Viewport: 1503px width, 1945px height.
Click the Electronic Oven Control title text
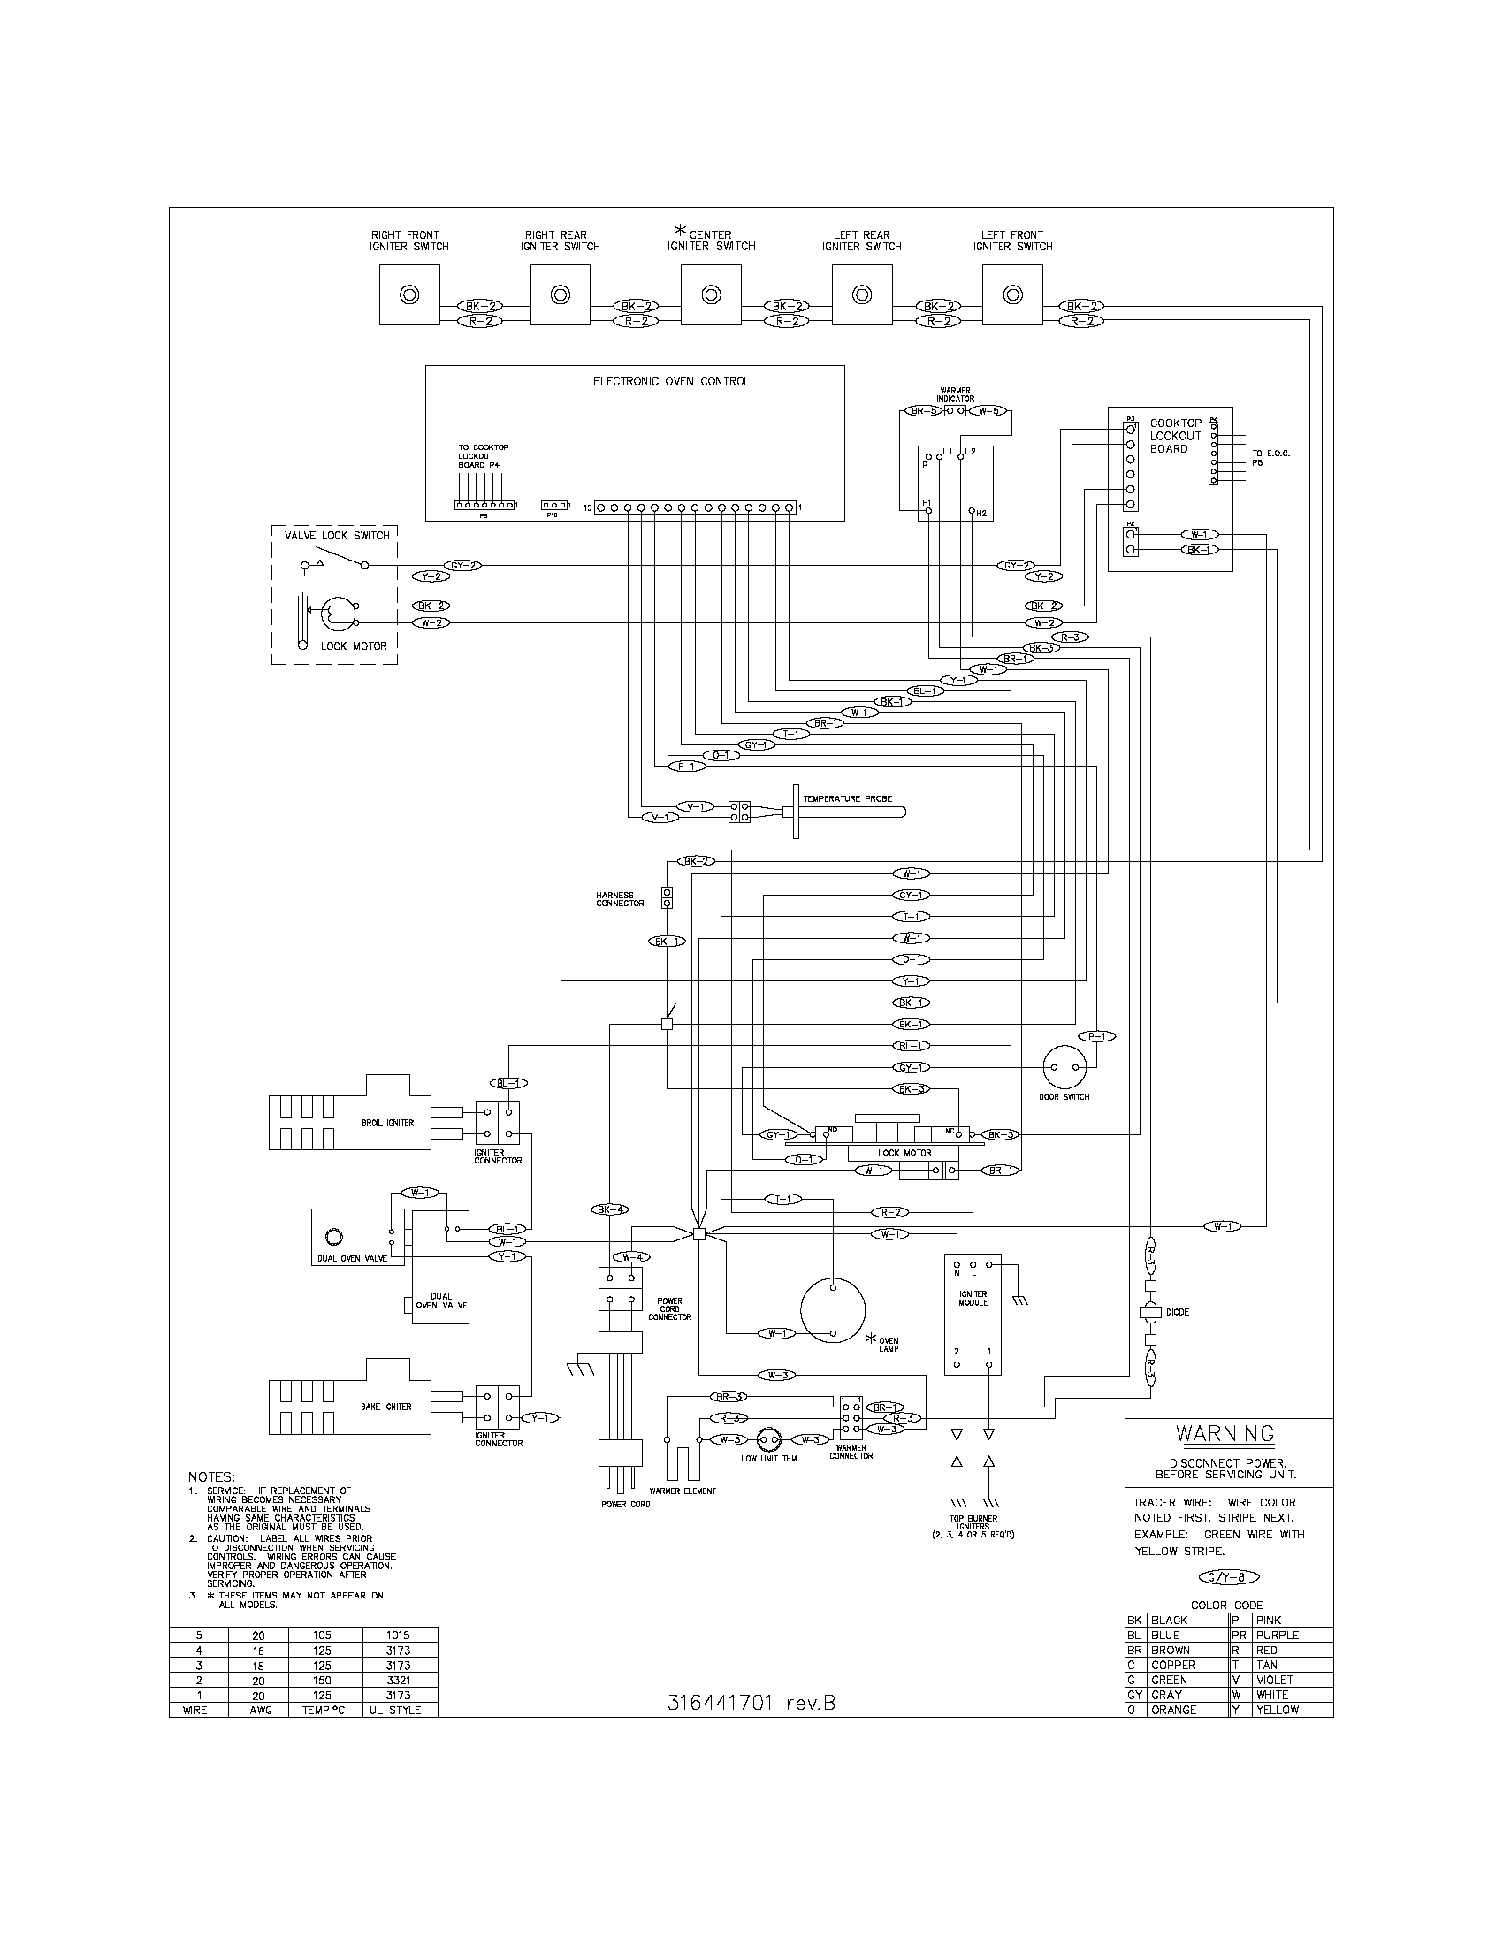[x=670, y=381]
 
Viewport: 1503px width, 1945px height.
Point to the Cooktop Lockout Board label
[x=1175, y=437]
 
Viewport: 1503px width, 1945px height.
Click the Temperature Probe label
[x=847, y=799]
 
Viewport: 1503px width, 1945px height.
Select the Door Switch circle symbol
[x=1066, y=1067]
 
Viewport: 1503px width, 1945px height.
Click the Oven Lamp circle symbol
[x=833, y=1309]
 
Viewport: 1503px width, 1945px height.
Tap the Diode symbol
[x=1149, y=1312]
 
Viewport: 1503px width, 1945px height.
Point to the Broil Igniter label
[x=387, y=1123]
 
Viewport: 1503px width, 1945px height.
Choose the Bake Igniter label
[x=385, y=1407]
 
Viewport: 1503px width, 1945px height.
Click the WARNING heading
[x=1225, y=1433]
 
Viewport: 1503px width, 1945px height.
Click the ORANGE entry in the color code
[x=1173, y=1710]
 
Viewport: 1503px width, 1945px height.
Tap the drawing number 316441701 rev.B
[x=751, y=1703]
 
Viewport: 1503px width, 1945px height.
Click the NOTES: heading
[x=211, y=1477]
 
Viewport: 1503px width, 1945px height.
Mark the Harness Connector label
[x=620, y=899]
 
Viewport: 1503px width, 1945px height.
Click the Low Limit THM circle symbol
[x=767, y=1439]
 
